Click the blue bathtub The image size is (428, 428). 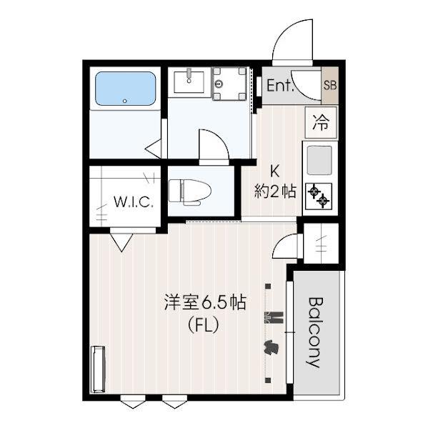point(126,89)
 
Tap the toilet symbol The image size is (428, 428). point(190,192)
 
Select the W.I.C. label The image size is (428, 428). point(133,202)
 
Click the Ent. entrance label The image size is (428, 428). point(280,85)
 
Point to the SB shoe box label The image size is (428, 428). point(330,86)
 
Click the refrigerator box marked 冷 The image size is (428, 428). point(321,122)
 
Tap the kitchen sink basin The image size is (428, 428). point(319,161)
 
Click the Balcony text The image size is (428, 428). point(316,332)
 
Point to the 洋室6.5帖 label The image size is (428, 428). point(205,302)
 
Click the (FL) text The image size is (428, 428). point(204,325)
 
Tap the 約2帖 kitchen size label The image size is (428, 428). point(275,191)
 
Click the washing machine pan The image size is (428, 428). point(229,84)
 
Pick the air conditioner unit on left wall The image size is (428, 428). point(99,369)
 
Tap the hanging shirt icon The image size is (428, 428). point(271,347)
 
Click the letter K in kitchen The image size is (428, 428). point(274,171)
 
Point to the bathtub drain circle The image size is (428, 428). point(125,101)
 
